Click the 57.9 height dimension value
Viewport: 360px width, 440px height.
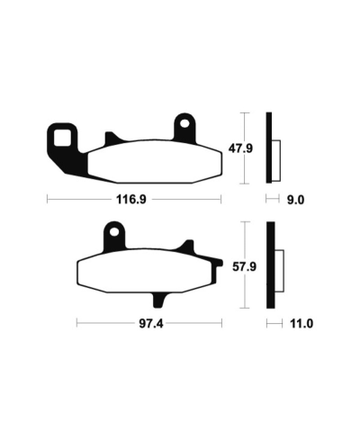[x=261, y=267]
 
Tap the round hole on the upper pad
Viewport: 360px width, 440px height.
[x=185, y=122]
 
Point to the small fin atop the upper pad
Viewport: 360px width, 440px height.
[x=111, y=138]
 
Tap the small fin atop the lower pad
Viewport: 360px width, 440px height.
[x=188, y=246]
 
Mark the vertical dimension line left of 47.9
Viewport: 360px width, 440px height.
[x=243, y=148]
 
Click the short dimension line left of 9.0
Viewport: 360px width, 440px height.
[x=273, y=201]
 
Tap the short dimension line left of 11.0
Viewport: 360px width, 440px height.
[x=273, y=321]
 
